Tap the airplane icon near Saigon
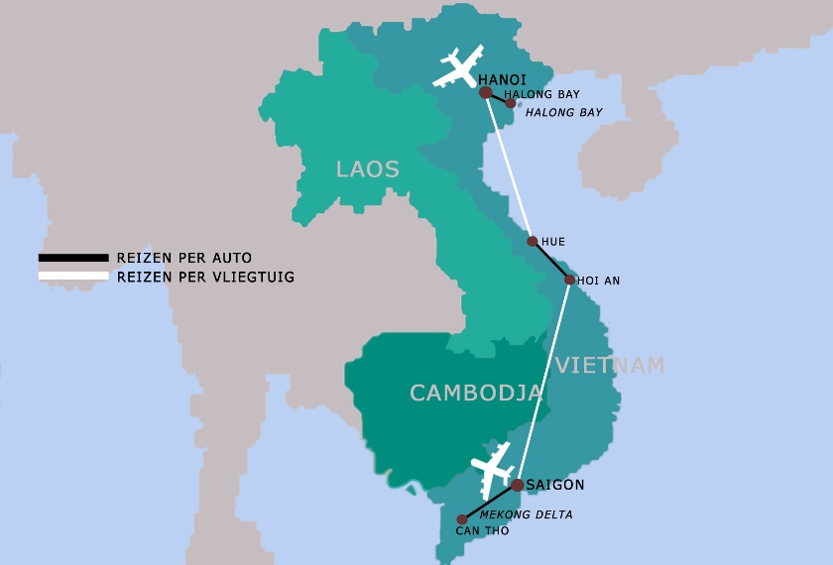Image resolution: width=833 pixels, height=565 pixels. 494,468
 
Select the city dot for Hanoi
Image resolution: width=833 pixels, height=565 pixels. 486,92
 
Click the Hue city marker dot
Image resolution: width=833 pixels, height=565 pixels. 533,241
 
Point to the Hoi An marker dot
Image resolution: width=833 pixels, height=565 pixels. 569,280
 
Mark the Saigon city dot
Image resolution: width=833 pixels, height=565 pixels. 517,485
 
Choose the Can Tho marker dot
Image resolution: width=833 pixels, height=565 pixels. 461,519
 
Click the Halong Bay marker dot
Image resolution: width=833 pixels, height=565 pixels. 511,102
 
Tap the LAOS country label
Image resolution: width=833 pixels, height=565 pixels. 368,169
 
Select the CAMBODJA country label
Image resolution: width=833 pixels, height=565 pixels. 476,393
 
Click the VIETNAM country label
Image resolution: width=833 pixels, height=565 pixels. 610,365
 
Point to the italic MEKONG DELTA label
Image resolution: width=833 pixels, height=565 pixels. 527,514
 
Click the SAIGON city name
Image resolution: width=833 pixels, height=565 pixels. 555,485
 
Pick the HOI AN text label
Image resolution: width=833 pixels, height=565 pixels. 599,281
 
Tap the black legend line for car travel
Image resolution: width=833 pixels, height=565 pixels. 73,258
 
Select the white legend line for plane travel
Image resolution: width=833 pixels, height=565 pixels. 73,276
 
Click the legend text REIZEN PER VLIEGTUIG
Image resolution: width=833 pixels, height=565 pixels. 205,277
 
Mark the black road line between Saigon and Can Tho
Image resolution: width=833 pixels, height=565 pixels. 489,502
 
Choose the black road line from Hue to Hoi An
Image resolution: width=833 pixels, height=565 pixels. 551,261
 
